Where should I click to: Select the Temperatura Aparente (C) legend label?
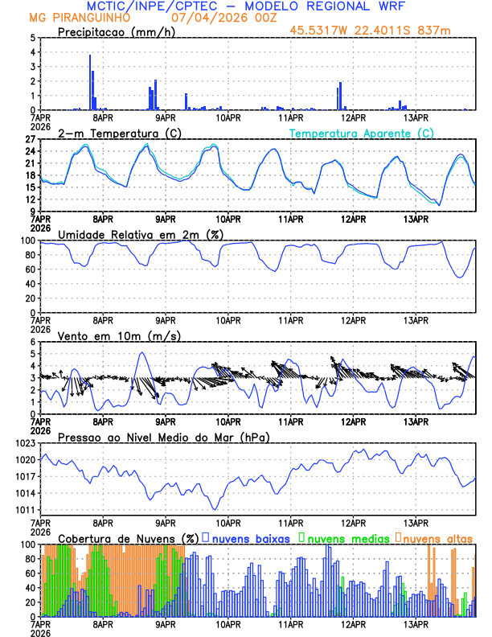[x=361, y=133]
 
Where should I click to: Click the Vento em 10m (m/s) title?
[x=109, y=335]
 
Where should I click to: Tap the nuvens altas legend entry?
[x=438, y=538]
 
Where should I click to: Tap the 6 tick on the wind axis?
[x=35, y=342]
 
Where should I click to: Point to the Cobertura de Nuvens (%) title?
[x=129, y=538]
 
